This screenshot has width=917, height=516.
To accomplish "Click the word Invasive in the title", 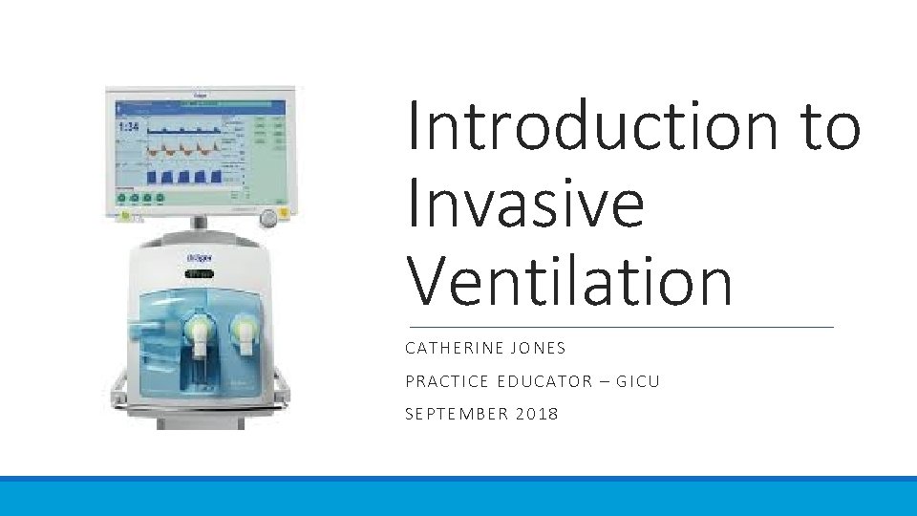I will (525, 204).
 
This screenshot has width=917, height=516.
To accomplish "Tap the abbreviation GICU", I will (637, 381).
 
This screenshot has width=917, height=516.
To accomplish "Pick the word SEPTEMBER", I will (455, 414).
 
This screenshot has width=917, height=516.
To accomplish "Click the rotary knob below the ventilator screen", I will (270, 218).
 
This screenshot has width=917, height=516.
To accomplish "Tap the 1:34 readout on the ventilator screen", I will (129, 127).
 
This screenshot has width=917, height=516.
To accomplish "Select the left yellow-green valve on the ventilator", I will (199, 332).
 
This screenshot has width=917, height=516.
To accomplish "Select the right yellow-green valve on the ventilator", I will (245, 332).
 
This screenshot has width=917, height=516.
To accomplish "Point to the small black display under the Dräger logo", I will (199, 274).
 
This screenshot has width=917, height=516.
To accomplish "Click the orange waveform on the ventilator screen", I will (178, 149).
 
